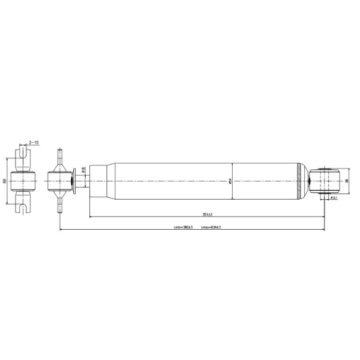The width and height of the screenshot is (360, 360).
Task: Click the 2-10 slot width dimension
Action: [x=34, y=143]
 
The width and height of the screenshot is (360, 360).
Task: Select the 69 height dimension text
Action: [x=5, y=180]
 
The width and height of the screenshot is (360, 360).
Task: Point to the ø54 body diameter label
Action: [x=230, y=181]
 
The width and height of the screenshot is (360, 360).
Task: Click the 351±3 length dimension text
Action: [x=208, y=214]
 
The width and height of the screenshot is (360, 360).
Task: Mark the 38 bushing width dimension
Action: [x=346, y=180]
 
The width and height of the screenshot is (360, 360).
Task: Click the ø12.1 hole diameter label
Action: [x=334, y=197]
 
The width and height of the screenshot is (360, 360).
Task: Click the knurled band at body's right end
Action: [x=300, y=180]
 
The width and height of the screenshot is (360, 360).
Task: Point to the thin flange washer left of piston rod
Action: [x=74, y=180]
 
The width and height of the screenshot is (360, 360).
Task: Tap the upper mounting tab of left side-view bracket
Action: [x=59, y=157]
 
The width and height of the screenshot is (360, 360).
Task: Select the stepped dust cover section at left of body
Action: [x=99, y=180]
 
